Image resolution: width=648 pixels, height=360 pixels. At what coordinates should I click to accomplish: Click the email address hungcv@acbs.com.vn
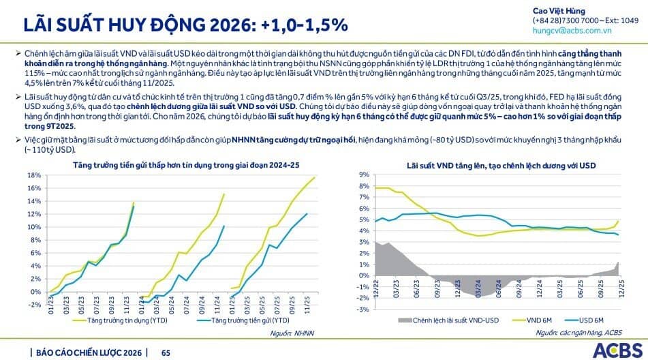(572, 31)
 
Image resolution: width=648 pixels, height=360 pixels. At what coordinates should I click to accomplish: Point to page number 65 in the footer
(166, 352)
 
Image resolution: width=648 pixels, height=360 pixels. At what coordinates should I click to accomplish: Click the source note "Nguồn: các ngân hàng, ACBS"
(578, 333)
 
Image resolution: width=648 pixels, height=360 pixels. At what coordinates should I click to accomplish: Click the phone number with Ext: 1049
(585, 20)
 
